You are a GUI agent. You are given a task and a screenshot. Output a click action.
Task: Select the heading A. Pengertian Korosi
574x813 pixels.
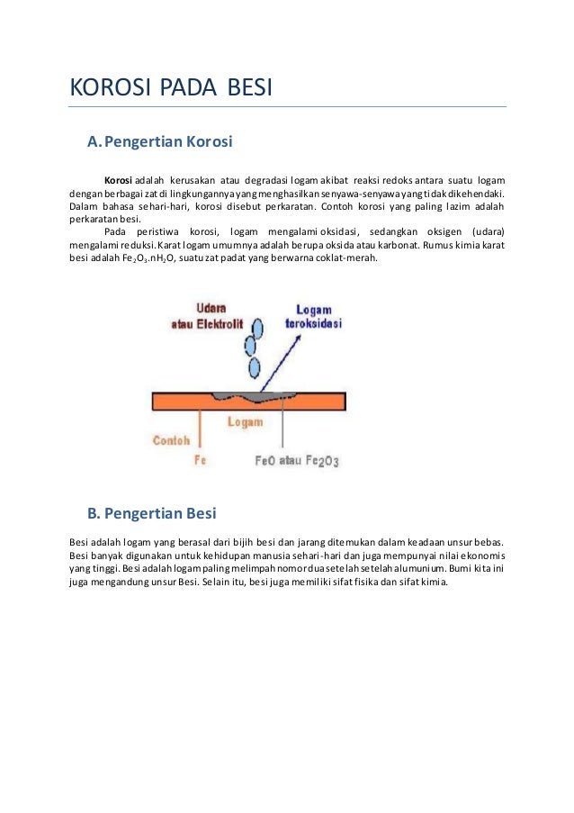point(159,141)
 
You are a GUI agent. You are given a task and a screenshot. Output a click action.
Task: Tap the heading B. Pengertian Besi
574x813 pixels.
point(151,513)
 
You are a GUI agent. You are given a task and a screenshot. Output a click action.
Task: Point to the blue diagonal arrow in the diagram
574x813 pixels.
point(277,360)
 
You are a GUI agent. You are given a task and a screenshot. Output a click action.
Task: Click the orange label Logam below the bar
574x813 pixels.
point(245,421)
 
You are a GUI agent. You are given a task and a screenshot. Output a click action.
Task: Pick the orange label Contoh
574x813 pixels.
point(171,440)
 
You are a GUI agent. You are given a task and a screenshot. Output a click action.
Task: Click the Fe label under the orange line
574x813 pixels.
point(201,460)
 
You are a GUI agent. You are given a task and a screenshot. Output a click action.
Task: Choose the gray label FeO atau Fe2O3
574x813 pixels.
point(300,461)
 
